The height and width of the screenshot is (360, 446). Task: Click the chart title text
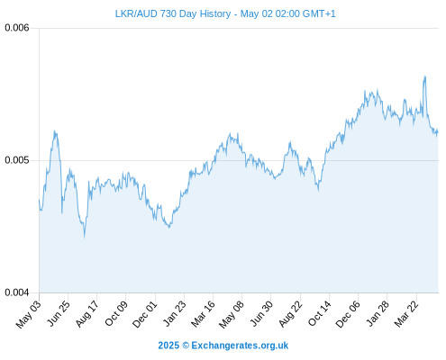pos(225,13)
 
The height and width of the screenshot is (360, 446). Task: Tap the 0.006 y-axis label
pos(17,28)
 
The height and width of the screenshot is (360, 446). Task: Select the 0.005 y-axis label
pos(17,160)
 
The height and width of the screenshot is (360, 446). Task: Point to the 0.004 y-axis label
pos(17,292)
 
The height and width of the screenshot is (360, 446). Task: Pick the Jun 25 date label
pos(59,313)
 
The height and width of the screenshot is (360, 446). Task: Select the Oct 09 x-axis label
pos(116,313)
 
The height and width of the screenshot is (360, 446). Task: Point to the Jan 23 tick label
pos(175,313)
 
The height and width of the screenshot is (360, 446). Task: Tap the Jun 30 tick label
pos(262,313)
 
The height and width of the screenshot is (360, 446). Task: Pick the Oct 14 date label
pos(320,313)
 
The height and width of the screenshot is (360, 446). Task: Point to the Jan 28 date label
pos(378,313)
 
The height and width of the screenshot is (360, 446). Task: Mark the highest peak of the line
pos(424,76)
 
